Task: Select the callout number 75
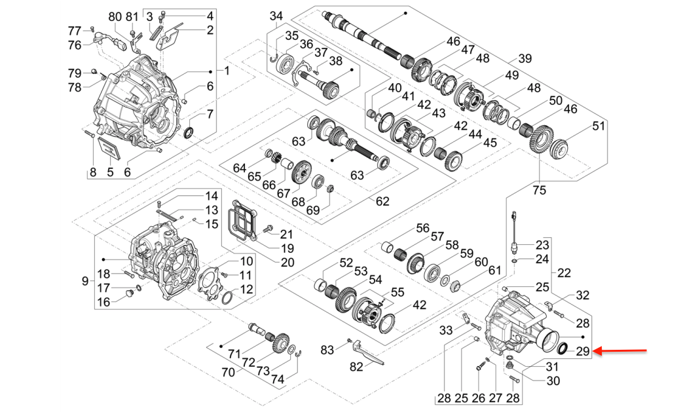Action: [x=538, y=191]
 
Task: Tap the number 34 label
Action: [x=276, y=16]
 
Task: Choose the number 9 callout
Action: [x=84, y=281]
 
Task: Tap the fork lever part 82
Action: [x=369, y=354]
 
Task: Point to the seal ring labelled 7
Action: [x=190, y=134]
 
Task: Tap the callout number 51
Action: [x=599, y=126]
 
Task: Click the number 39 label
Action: [x=525, y=57]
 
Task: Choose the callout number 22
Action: [x=563, y=272]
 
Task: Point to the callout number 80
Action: [x=115, y=16]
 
